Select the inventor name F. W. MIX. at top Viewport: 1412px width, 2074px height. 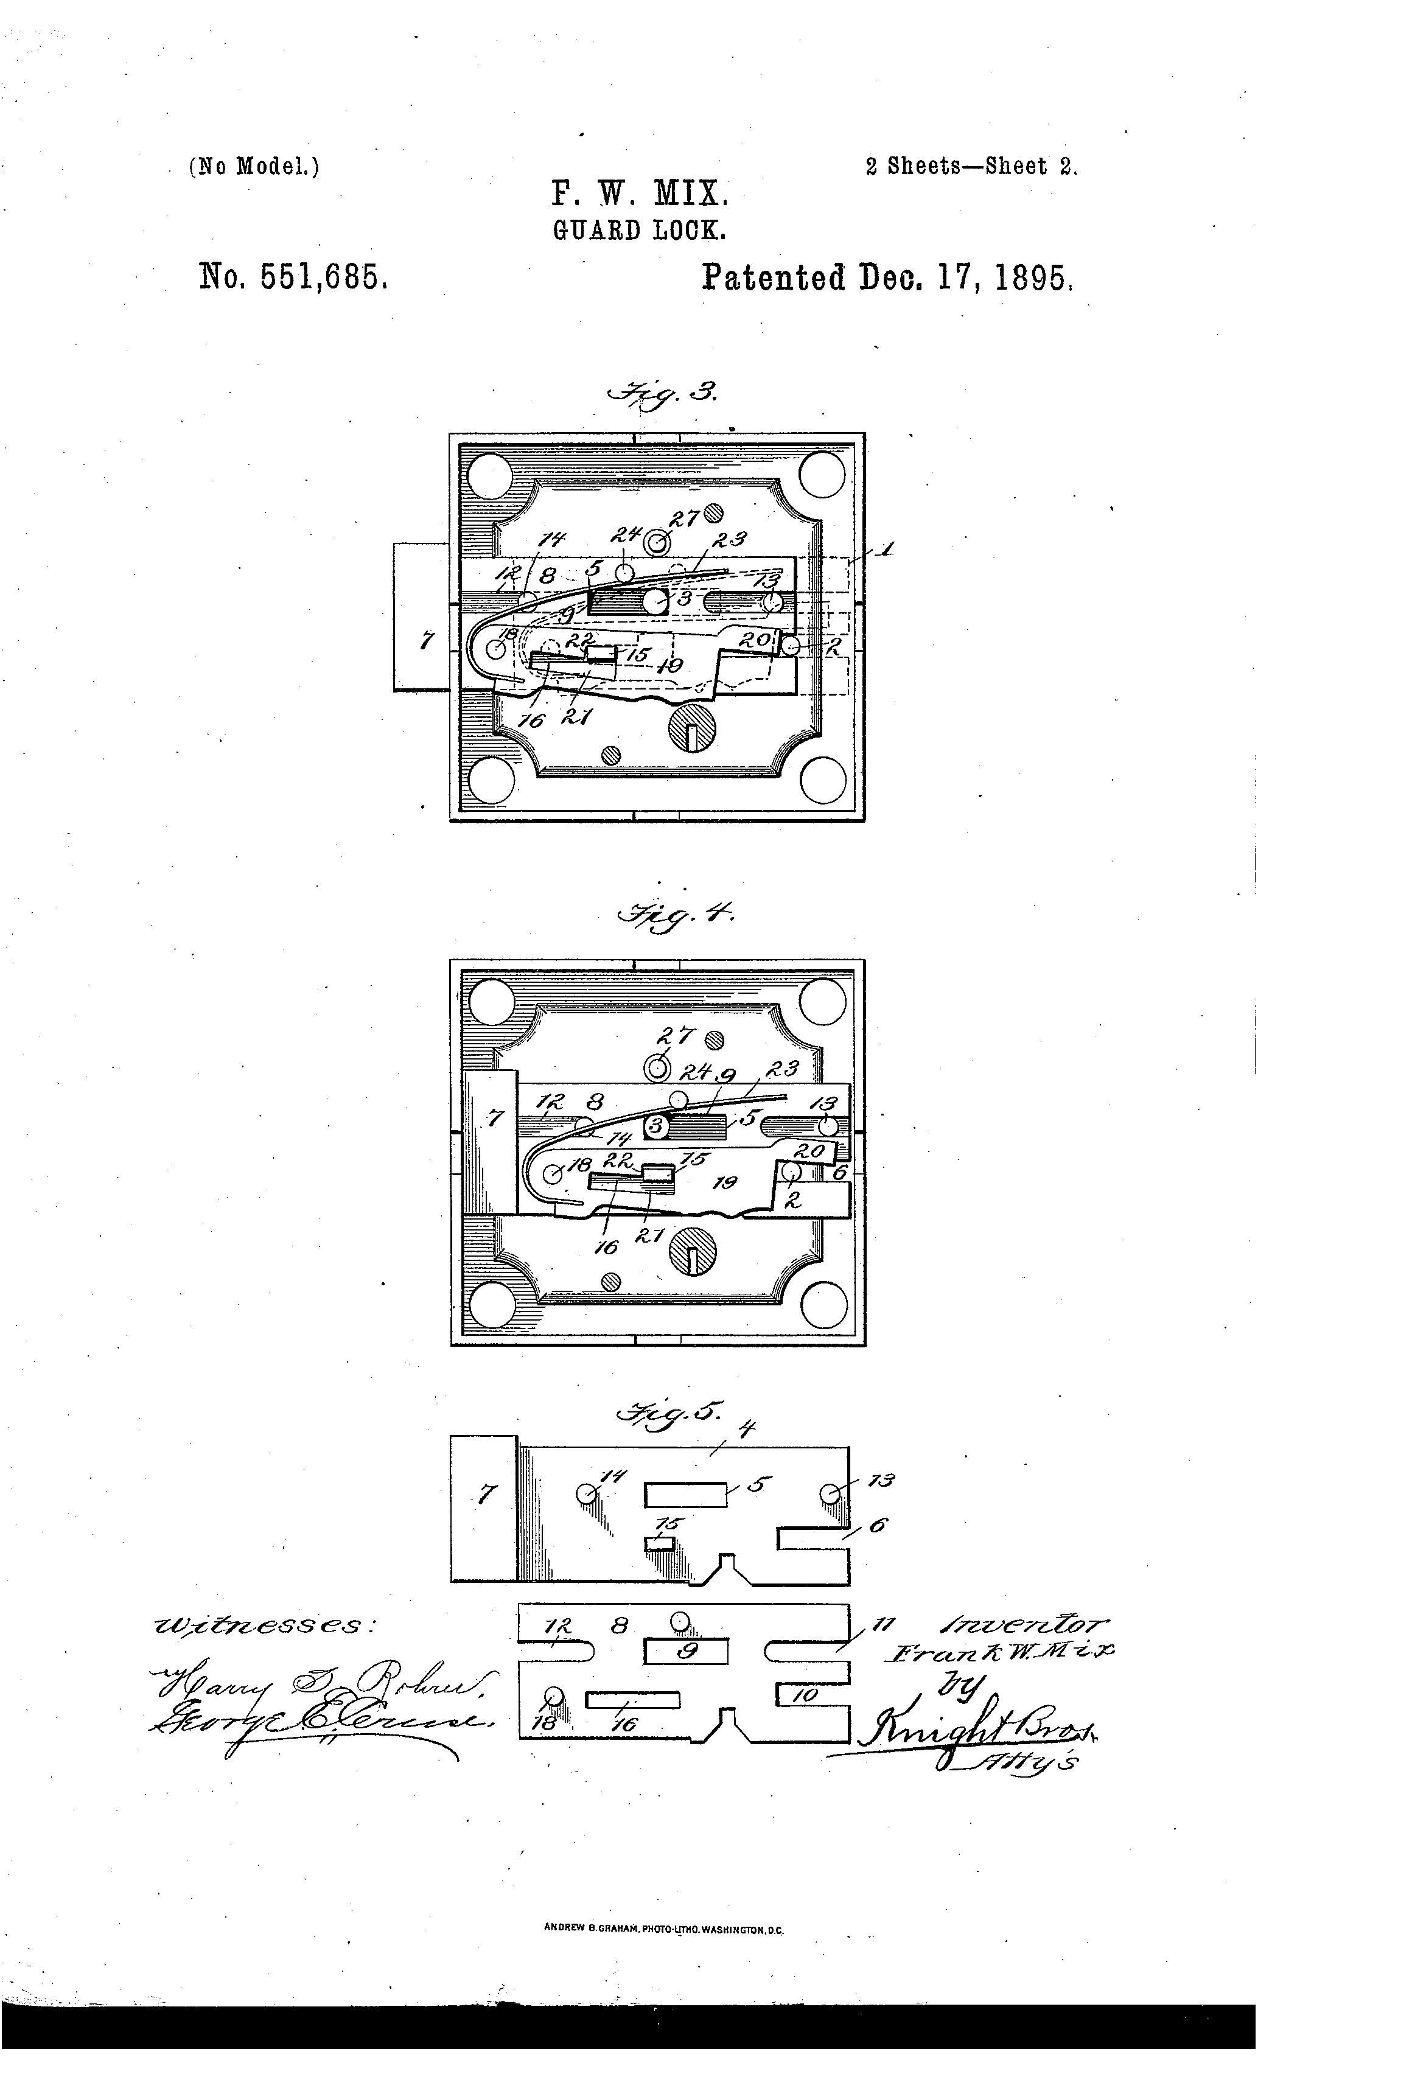click(640, 194)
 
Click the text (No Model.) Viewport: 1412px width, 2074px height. click(254, 167)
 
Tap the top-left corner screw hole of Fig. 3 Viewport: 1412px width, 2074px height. click(490, 475)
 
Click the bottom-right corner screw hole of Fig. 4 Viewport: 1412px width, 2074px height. click(823, 1307)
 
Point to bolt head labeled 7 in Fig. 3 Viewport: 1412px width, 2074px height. click(421, 616)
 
